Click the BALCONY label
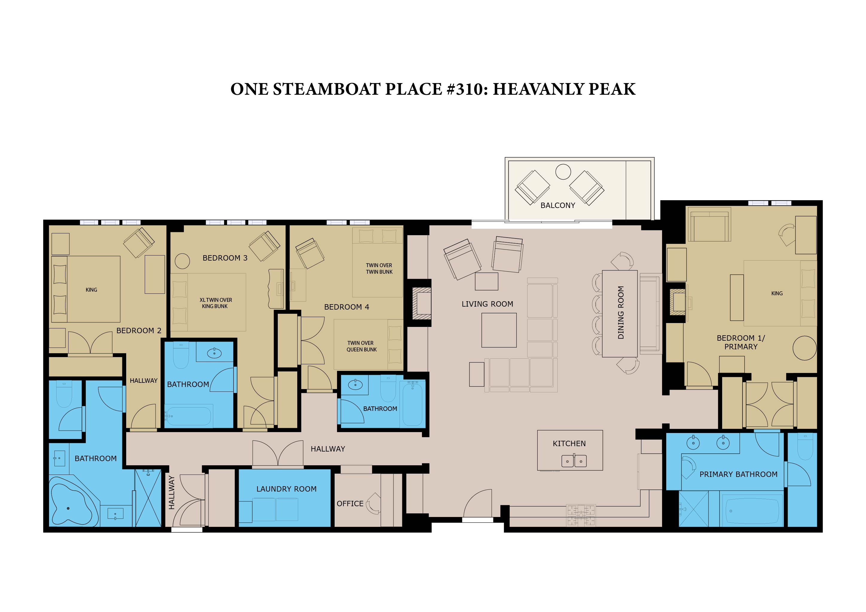tap(557, 205)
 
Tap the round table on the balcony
tap(563, 172)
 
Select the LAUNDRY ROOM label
tap(286, 489)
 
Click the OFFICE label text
tap(350, 504)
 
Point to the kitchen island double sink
tap(574, 461)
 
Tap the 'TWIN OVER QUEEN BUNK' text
tap(361, 346)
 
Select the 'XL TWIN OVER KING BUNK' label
tap(215, 303)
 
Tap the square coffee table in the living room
tap(498, 330)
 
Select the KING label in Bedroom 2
tap(91, 290)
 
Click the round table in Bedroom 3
tap(182, 261)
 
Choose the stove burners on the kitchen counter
tap(581, 515)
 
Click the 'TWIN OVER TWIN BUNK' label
tap(379, 269)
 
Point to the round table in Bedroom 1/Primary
tap(804, 348)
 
